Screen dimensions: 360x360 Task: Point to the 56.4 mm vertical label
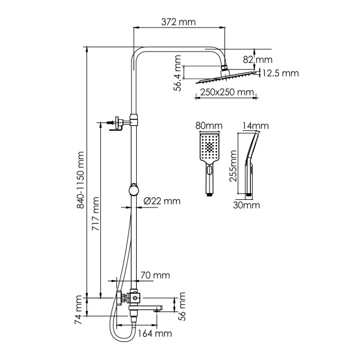point(178,71)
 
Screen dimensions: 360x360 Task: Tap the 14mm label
point(256,126)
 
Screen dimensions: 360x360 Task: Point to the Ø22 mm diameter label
point(162,201)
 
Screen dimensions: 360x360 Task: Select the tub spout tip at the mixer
point(159,308)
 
